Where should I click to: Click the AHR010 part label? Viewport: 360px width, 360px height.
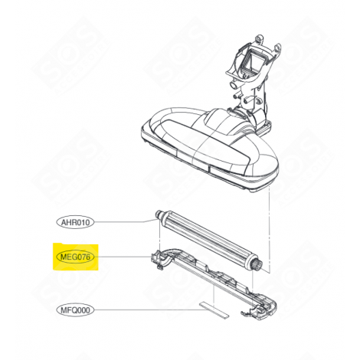tap(75, 223)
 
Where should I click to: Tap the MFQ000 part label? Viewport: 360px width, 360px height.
tap(75, 311)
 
